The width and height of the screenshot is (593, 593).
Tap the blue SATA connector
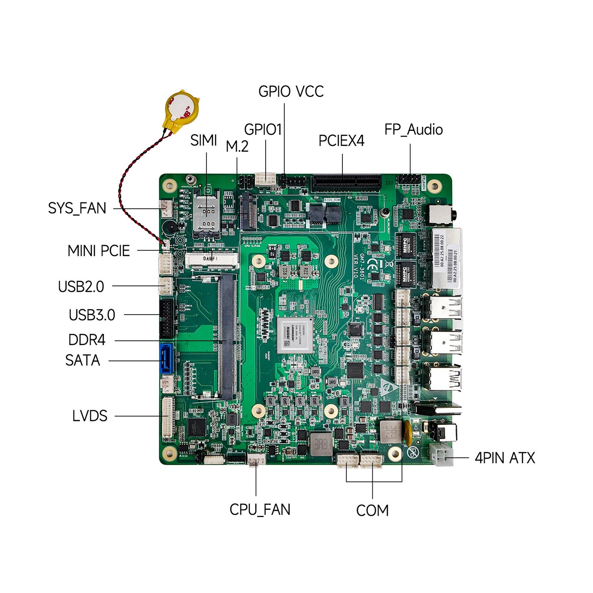tap(166, 359)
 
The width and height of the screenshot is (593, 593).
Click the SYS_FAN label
tap(77, 208)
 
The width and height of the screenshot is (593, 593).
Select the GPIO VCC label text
tap(291, 91)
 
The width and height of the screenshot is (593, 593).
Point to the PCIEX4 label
tap(341, 141)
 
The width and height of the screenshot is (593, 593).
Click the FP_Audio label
tap(414, 130)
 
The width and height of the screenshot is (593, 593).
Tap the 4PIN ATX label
tap(504, 458)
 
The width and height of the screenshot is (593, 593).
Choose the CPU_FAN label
tap(260, 509)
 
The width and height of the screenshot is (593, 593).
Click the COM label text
tap(372, 510)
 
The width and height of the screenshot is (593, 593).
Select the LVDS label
tap(90, 416)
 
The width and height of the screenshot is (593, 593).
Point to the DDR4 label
tap(87, 340)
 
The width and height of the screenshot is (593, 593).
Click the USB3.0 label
tap(92, 315)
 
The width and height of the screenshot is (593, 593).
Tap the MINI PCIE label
tap(98, 251)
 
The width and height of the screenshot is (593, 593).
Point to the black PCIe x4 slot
tap(346, 183)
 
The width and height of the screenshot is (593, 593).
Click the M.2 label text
tap(237, 147)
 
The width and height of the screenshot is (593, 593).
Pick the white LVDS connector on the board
tap(168, 419)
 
